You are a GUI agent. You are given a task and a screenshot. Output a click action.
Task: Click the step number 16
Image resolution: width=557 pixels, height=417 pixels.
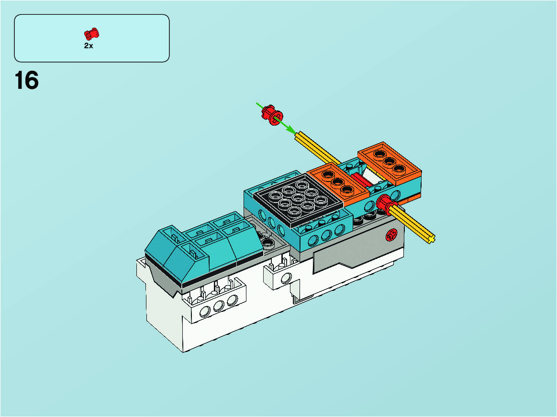[27, 81]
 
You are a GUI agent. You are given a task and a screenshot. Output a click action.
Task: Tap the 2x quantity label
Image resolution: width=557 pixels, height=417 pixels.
[89, 46]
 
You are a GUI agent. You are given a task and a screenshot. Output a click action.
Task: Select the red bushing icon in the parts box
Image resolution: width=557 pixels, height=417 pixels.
[91, 34]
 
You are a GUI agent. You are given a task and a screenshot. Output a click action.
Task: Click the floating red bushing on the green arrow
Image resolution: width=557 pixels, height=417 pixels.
[272, 115]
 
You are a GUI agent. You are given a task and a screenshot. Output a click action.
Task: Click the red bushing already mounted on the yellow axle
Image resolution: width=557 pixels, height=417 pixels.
[386, 204]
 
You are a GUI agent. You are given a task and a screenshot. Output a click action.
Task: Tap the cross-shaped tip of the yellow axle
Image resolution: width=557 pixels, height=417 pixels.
[431, 239]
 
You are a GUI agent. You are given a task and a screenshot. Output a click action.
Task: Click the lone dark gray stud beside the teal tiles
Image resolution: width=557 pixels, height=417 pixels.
[268, 243]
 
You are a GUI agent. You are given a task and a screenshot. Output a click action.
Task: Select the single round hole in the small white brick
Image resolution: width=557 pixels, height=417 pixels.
[286, 278]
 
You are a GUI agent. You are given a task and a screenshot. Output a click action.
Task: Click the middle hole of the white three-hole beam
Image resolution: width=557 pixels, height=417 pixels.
[219, 306]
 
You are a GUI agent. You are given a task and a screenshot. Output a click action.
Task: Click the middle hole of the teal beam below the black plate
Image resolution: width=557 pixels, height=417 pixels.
[326, 235]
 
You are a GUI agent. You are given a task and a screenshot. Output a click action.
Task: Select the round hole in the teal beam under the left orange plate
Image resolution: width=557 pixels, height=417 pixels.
[370, 206]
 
